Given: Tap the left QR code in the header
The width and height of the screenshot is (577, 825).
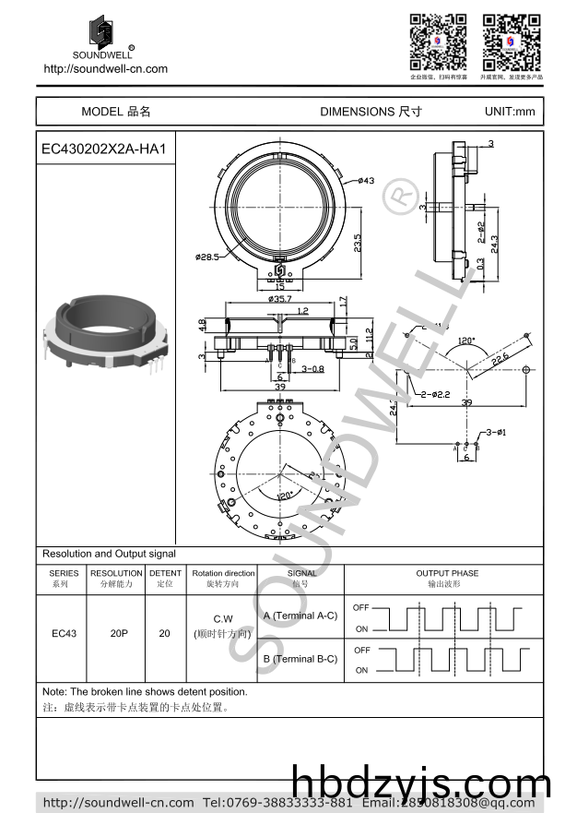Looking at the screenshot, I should click(x=438, y=42).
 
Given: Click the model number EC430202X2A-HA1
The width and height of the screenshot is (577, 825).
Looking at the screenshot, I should click(x=103, y=149).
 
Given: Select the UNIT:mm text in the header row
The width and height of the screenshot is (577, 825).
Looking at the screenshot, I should click(x=509, y=112).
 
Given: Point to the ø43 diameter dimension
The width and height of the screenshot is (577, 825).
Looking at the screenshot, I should click(x=364, y=181).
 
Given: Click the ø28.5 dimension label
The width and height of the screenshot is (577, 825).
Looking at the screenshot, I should click(x=206, y=257).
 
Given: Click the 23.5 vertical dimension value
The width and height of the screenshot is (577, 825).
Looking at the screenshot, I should click(x=358, y=244).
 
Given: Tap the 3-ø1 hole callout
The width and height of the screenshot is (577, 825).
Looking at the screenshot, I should click(x=498, y=432).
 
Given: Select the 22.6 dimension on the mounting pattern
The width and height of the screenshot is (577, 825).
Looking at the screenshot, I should click(x=500, y=358).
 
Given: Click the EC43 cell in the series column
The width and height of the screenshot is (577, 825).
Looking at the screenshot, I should click(x=64, y=634).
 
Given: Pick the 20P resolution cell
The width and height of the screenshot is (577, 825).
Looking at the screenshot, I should click(x=118, y=634).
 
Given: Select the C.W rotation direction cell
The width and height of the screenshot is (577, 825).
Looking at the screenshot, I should click(x=222, y=618).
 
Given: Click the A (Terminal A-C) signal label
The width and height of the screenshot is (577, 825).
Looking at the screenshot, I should click(x=300, y=616).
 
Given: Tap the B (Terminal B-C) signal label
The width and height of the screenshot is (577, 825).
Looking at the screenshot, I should click(x=300, y=659).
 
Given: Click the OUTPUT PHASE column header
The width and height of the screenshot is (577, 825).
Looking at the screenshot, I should click(x=447, y=573).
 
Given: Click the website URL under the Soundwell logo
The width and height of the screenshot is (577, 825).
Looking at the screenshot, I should click(x=106, y=69).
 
